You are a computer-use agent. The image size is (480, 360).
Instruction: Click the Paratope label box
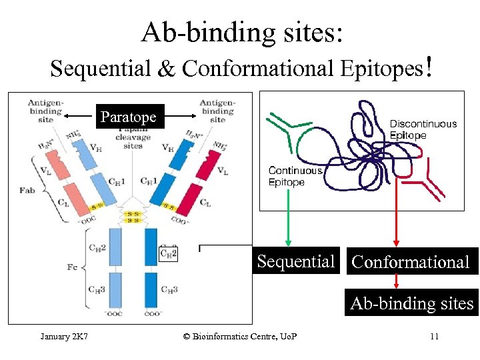point(128,117)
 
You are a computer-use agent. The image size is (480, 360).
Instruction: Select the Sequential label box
point(296,261)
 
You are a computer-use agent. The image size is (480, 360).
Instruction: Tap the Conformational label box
point(410,262)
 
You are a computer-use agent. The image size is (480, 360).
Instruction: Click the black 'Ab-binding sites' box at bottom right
point(411,304)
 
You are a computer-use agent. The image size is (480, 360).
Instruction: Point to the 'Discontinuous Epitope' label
point(423,129)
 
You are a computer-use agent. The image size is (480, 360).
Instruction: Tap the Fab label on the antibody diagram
point(27,190)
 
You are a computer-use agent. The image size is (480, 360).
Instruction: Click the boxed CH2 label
point(169,253)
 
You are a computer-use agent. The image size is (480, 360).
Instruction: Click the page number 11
point(434,337)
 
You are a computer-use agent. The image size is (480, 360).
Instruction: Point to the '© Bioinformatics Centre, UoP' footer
point(240,336)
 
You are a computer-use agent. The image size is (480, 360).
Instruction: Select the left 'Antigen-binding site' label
point(45,111)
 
